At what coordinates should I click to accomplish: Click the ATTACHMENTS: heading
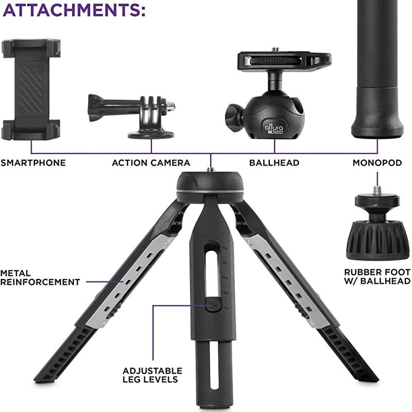74,11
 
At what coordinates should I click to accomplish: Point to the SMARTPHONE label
33,163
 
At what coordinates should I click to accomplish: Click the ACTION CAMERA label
151,163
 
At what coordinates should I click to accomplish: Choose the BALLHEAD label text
274,163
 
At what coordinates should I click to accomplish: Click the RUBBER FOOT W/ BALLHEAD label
377,276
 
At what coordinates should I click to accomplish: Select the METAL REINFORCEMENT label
40,277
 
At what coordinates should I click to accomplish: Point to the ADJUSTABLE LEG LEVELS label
152,374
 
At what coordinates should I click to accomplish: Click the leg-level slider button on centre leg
213,305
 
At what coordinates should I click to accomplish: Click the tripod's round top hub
211,185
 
